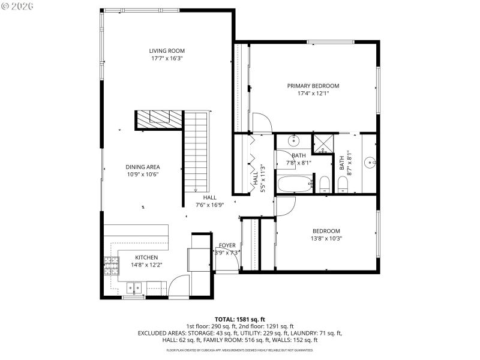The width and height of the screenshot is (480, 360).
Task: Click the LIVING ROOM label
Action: (167, 51)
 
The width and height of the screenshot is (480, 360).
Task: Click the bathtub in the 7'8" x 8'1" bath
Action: (295, 184)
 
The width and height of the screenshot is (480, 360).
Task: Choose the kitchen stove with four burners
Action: (111, 265)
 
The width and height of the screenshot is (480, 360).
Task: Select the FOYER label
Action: (227, 245)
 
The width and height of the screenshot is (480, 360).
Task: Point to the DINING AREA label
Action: (143, 167)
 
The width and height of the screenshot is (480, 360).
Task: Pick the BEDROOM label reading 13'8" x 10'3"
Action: (326, 231)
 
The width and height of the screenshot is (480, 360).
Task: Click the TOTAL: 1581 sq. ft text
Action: (239, 319)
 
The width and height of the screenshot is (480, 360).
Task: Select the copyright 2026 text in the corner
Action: (18, 6)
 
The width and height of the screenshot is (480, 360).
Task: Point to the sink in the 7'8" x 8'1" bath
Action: (294, 142)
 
